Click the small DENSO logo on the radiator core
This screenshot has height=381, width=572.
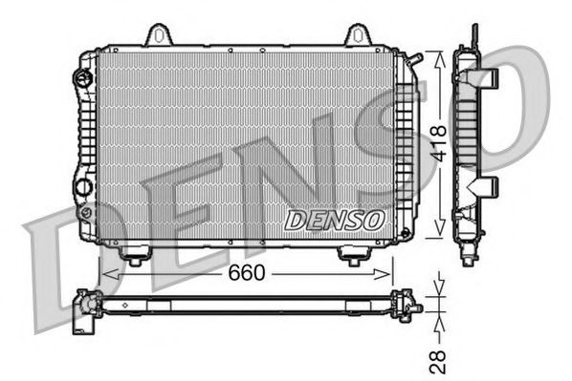[334, 220]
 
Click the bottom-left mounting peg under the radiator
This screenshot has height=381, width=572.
[136, 256]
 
